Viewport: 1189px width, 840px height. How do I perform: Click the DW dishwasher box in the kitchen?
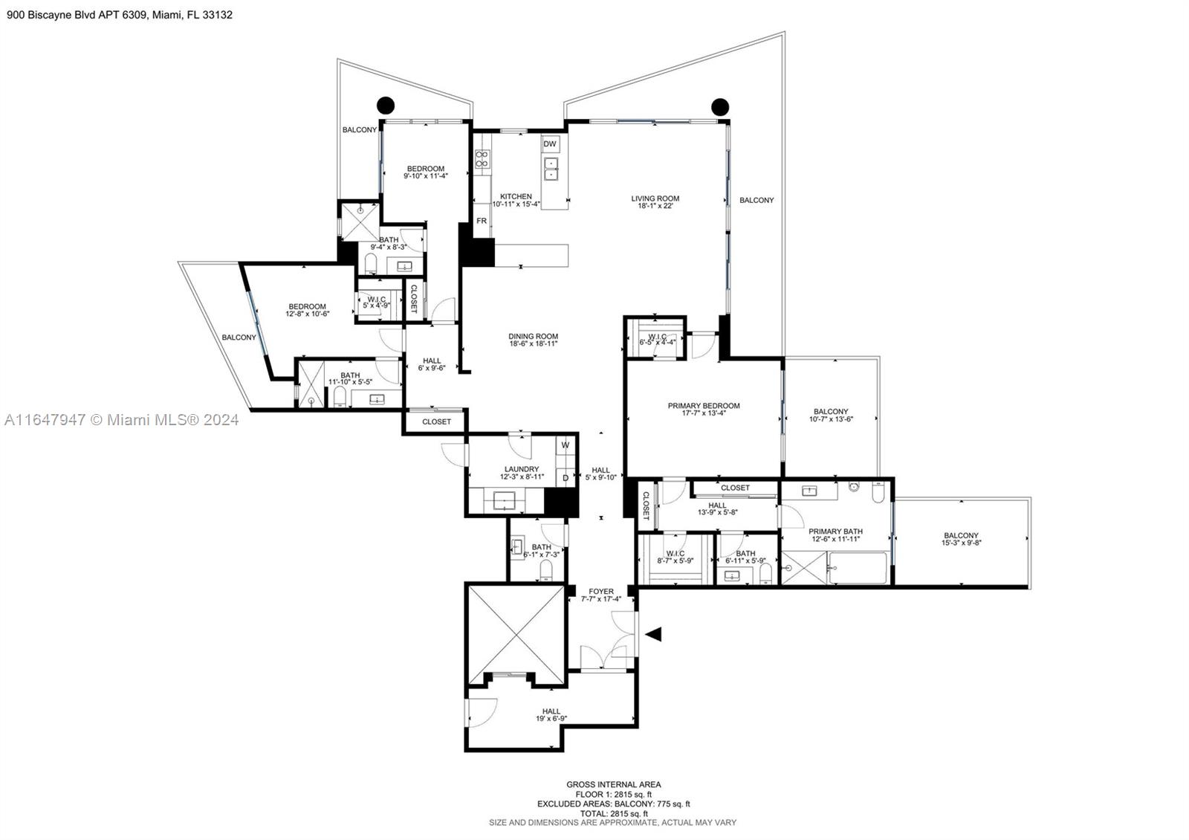pyautogui.click(x=550, y=144)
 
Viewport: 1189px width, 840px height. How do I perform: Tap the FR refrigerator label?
pyautogui.click(x=482, y=221)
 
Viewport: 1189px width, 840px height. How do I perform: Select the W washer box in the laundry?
pyautogui.click(x=566, y=445)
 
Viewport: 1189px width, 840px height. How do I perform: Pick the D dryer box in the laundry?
pyautogui.click(x=566, y=478)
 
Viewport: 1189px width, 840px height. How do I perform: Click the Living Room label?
pyautogui.click(x=655, y=202)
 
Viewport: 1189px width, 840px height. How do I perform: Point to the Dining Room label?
pyautogui.click(x=534, y=340)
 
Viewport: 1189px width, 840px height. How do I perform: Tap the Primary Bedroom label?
pyautogui.click(x=704, y=410)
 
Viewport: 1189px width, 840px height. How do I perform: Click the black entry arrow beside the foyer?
pyautogui.click(x=653, y=634)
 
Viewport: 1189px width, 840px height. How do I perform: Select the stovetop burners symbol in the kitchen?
pyautogui.click(x=482, y=159)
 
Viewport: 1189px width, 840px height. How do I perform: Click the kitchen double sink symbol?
pyautogui.click(x=551, y=168)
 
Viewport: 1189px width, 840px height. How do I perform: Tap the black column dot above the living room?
pyautogui.click(x=720, y=107)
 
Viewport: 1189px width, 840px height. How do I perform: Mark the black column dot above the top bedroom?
pyautogui.click(x=386, y=105)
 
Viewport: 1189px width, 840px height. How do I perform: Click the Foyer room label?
pyautogui.click(x=601, y=595)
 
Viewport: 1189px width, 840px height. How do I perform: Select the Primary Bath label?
pyautogui.click(x=835, y=535)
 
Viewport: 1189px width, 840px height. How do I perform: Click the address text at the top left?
pyautogui.click(x=120, y=15)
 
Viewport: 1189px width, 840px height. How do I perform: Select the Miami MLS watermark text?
pyautogui.click(x=122, y=420)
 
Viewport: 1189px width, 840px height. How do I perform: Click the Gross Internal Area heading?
pyautogui.click(x=614, y=784)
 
